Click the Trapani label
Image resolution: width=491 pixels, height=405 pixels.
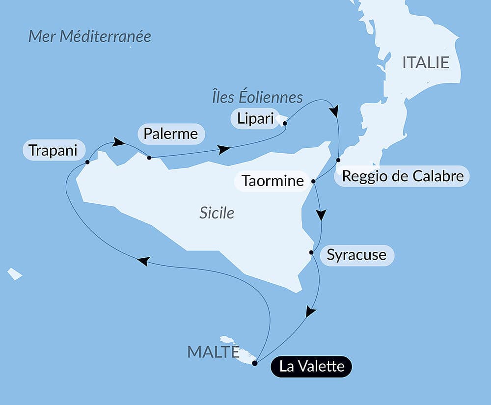point(53,150)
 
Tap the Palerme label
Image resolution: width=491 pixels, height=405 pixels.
point(171,134)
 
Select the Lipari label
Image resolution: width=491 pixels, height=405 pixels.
point(254,118)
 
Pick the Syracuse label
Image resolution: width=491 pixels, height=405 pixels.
point(356,255)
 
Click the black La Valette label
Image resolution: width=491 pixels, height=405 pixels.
point(311,366)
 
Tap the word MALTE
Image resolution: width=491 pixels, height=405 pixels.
point(213,351)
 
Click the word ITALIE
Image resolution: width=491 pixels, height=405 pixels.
point(426,62)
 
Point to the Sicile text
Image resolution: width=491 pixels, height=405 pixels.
point(217,213)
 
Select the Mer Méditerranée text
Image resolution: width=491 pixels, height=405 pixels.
point(89,36)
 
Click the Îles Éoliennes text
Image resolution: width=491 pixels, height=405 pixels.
point(257,97)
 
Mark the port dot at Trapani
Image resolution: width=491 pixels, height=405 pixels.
point(87,162)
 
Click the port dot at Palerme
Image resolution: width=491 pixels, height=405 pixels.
point(149,158)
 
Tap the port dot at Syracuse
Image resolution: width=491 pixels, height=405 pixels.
point(311,253)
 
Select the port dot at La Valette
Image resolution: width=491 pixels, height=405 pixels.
point(254,363)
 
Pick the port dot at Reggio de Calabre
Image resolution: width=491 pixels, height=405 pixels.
point(338,160)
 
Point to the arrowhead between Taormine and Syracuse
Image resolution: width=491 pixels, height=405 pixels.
point(321,215)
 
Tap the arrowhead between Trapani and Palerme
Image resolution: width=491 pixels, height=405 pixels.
point(118,142)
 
